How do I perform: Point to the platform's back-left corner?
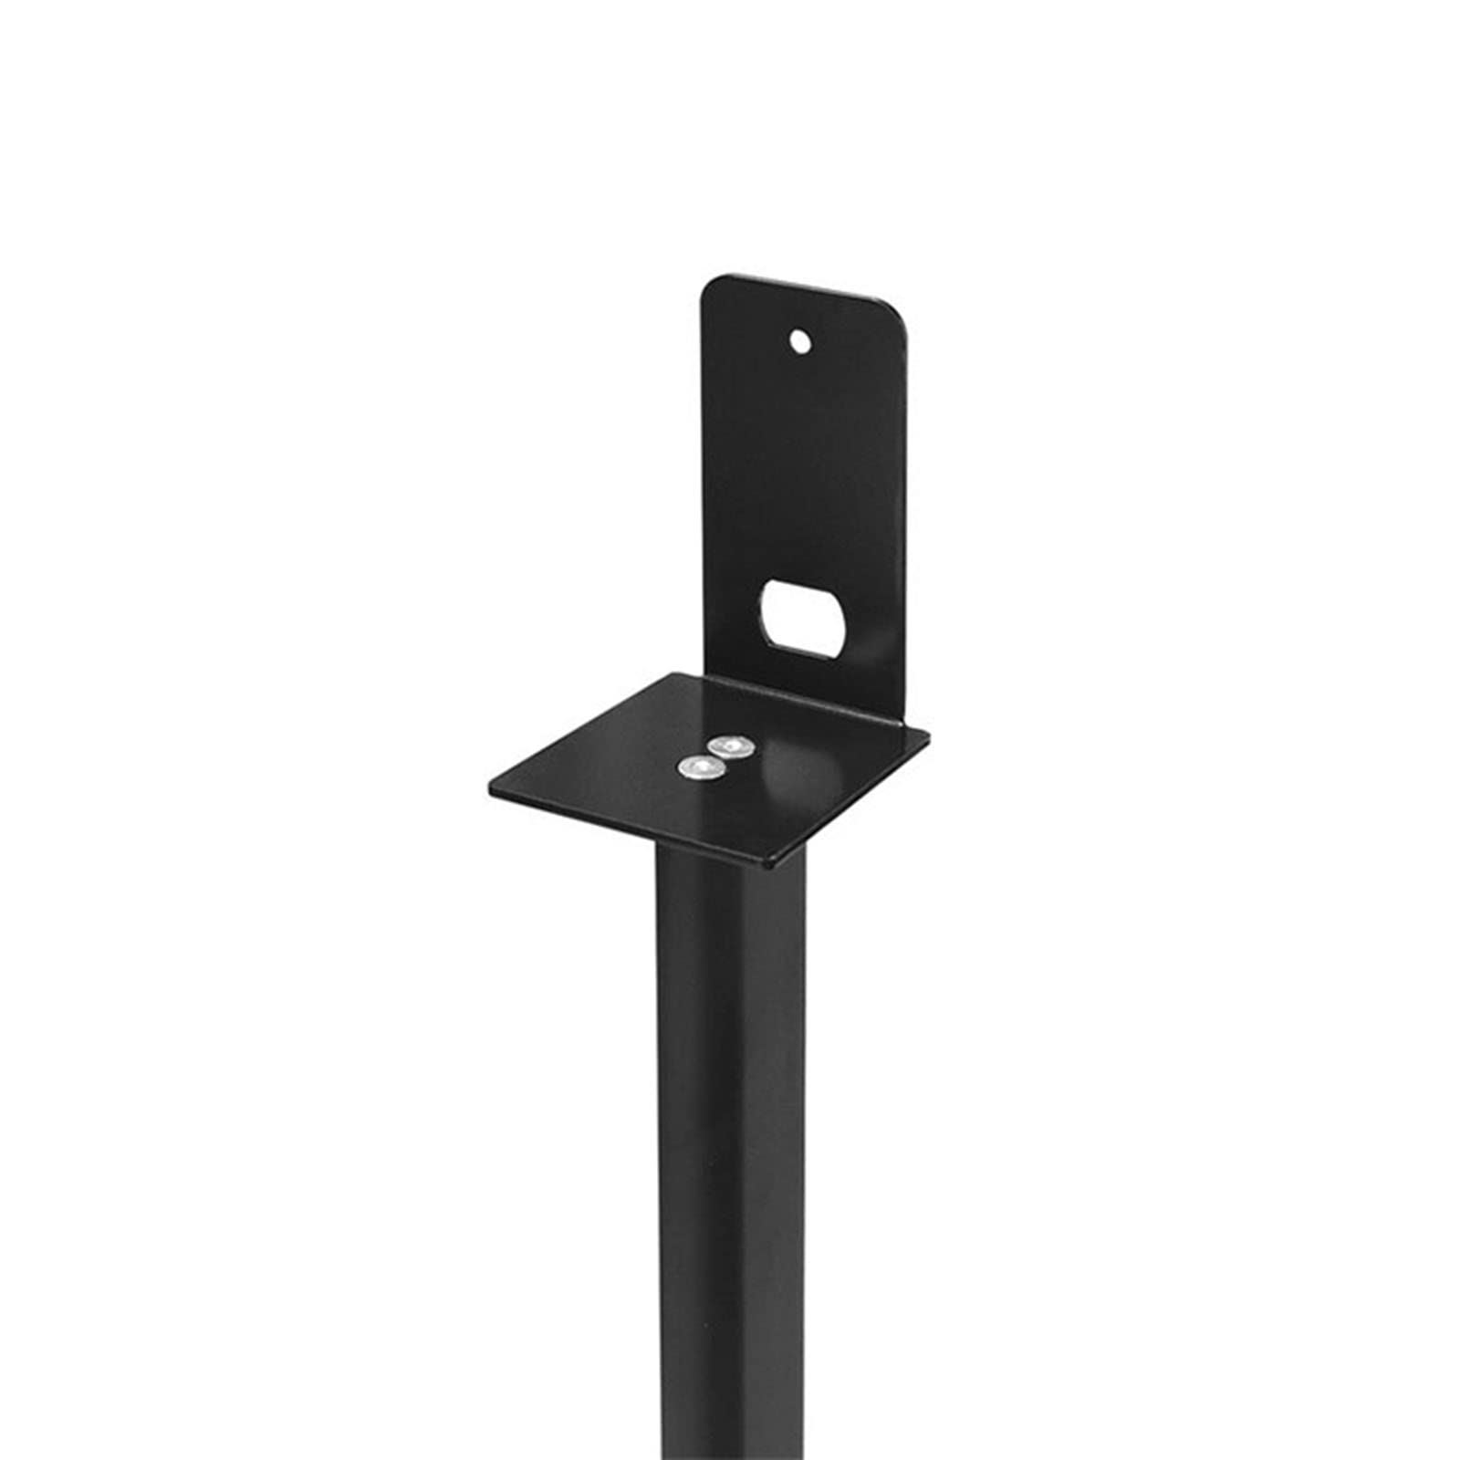coord(672,676)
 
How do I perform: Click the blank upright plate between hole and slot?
coord(803,465)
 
